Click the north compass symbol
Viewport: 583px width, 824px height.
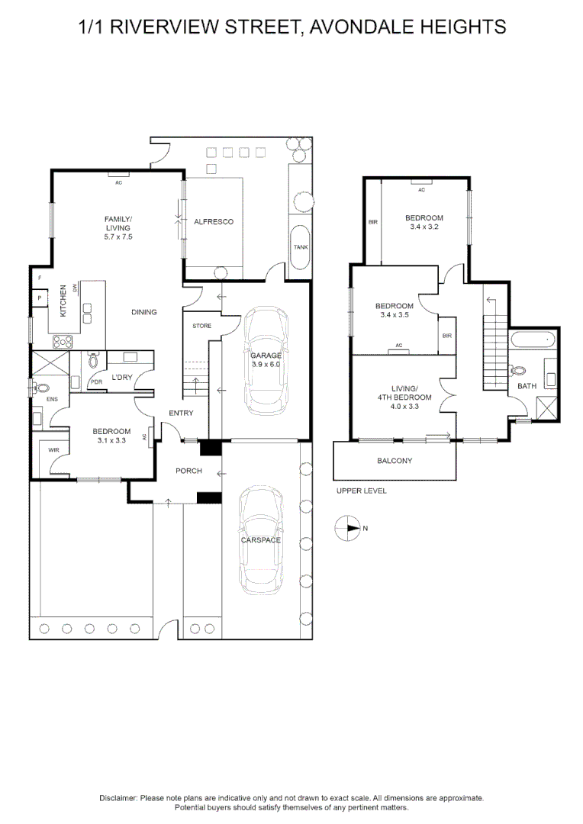348,527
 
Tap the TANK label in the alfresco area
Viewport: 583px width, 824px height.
301,247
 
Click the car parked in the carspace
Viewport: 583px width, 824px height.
260,540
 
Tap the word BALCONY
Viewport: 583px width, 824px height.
395,461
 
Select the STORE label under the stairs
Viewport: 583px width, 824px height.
201,326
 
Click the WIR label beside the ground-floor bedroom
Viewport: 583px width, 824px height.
53,451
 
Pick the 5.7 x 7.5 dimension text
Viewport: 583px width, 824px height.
118,237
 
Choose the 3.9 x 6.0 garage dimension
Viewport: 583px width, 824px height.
266,365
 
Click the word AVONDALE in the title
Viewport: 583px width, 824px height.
362,27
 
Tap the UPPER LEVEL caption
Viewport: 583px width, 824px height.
361,491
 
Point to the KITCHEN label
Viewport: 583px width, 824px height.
64,301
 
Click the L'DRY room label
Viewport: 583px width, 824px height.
122,377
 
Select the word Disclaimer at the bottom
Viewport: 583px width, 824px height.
118,797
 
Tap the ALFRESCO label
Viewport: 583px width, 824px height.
213,222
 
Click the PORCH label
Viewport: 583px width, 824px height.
188,471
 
